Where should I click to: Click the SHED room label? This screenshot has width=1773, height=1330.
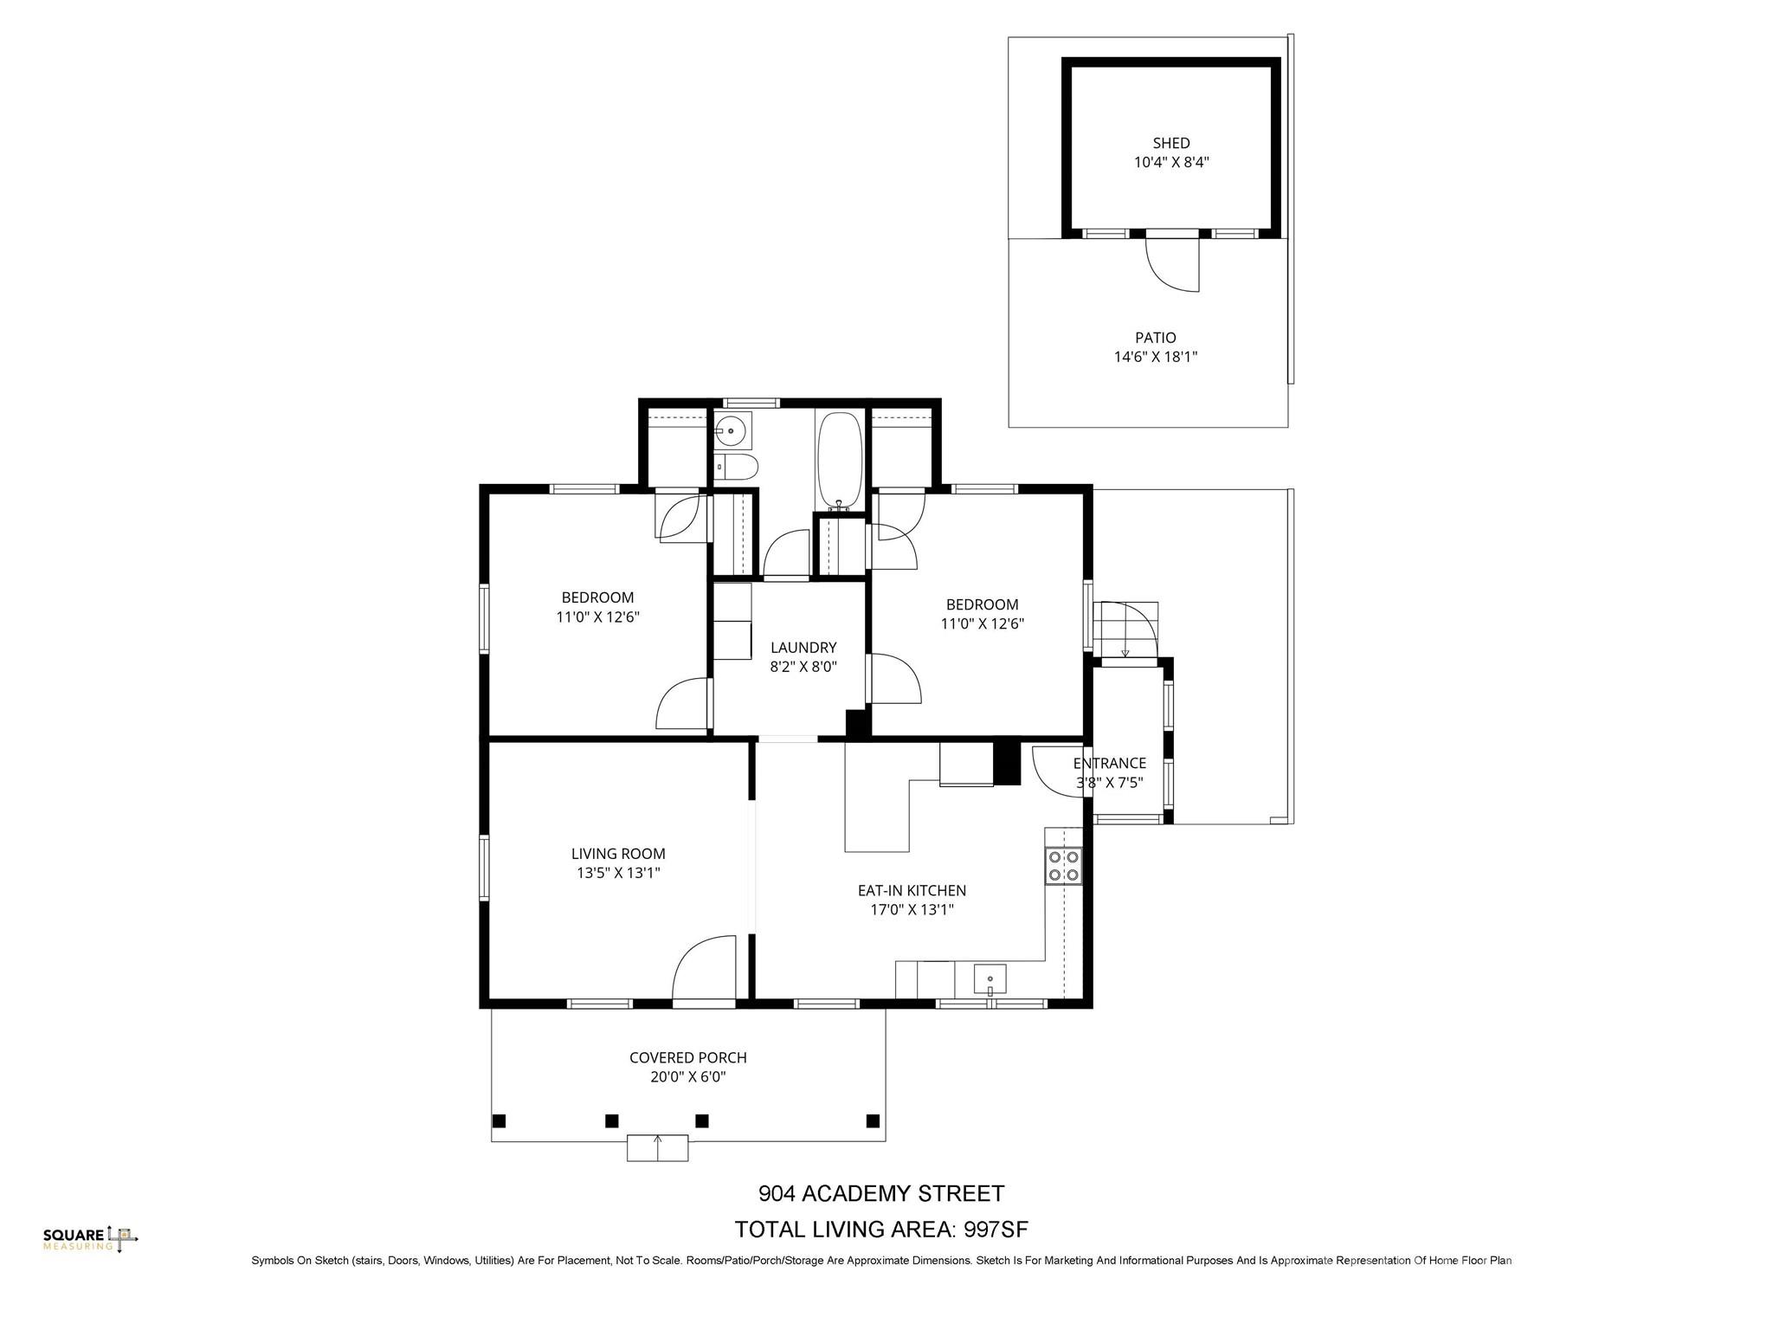1170,143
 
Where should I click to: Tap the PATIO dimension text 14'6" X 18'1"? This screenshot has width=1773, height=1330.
1155,357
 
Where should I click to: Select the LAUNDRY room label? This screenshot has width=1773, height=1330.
803,648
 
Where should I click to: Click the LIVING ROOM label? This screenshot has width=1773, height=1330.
618,854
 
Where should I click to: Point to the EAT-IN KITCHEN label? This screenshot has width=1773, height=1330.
912,890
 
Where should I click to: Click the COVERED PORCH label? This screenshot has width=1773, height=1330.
687,1057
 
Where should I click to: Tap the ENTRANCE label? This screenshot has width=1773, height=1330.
1109,763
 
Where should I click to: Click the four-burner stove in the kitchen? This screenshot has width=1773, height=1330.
1063,865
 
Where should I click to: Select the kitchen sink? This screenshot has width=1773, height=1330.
990,979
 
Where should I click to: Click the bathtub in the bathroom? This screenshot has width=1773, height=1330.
838,462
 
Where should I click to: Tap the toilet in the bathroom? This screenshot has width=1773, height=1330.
737,468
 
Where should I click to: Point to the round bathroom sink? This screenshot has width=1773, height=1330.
732,429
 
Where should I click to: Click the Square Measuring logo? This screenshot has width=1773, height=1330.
90,1239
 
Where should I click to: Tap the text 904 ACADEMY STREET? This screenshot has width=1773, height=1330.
881,1194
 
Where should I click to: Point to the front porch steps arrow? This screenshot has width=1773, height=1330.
658,1146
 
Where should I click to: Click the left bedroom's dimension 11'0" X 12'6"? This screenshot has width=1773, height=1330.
597,617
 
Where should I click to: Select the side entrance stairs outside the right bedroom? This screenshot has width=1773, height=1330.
1125,629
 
